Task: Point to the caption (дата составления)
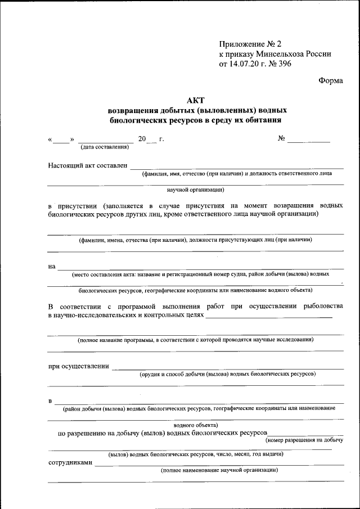click(105, 147)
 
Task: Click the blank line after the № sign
click(309, 141)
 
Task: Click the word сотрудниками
click(70, 463)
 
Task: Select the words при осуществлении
click(78, 366)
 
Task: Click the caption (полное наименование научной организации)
click(219, 470)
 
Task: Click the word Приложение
click(241, 44)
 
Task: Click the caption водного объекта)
click(196, 426)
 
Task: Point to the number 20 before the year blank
click(142, 138)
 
